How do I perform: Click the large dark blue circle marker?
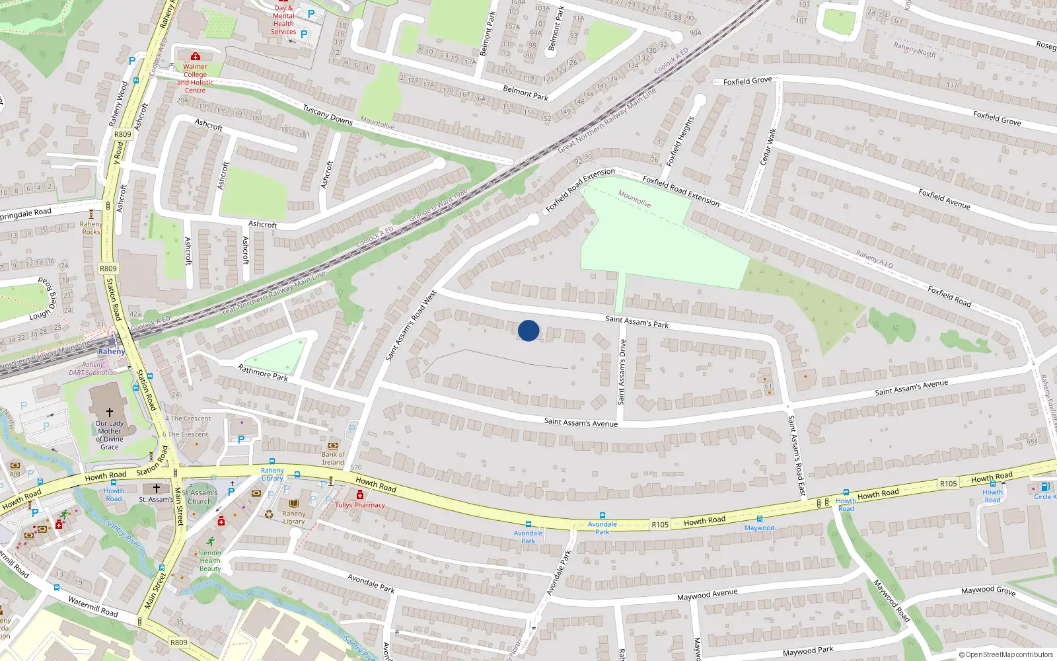point(528,330)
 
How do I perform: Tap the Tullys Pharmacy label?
point(360,505)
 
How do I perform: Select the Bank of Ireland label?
point(333,458)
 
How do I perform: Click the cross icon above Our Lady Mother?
point(110,412)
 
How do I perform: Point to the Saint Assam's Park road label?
point(637,322)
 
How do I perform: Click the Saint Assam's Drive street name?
point(622,371)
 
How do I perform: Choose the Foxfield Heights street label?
point(680,141)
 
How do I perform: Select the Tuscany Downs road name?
point(328,114)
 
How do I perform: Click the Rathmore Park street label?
point(263,373)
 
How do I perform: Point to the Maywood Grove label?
point(988,590)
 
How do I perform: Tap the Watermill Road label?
point(93,607)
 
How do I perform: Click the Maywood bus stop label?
point(759,527)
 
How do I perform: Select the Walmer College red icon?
point(195,57)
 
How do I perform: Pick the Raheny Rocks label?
point(91,228)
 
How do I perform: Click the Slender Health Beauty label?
point(210,561)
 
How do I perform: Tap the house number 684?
point(1032,442)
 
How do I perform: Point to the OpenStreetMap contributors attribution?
point(1005,654)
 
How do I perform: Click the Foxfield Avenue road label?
point(944,199)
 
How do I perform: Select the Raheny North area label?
point(914,49)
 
